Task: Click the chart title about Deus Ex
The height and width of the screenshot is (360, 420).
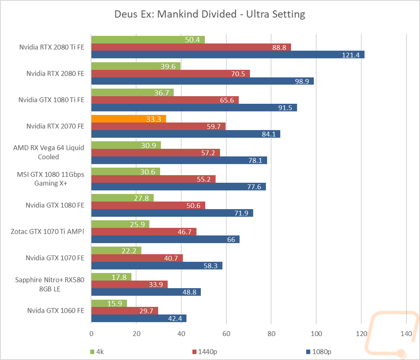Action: tap(210, 14)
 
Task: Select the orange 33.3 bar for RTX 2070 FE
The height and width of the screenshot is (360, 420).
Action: tap(129, 118)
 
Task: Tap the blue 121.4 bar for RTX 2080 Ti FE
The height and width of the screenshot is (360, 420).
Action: tap(228, 55)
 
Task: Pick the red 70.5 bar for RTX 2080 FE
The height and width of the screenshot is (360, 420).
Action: tap(171, 74)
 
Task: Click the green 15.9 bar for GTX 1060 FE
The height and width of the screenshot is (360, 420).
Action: tap(109, 303)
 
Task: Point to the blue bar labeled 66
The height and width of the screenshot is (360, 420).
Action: tap(165, 239)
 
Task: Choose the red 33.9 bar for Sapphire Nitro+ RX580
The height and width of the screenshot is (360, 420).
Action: tap(129, 284)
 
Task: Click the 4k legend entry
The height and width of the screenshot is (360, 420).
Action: tap(97, 352)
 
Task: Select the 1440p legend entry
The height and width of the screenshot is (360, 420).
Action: tap(205, 352)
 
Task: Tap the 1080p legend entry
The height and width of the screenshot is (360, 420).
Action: tap(319, 352)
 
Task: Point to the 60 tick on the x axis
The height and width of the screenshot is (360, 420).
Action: tap(226, 334)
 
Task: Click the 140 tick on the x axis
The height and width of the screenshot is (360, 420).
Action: tap(406, 334)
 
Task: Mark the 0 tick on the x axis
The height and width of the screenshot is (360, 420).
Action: tap(91, 334)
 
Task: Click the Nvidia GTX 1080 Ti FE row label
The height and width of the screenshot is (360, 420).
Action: tap(51, 100)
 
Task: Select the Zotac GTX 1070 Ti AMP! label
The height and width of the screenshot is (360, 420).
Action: tap(47, 231)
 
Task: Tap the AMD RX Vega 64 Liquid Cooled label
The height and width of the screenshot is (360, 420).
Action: tap(48, 152)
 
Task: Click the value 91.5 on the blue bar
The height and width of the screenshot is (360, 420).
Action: tap(285, 108)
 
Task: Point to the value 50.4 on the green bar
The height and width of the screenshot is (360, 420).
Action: tap(192, 40)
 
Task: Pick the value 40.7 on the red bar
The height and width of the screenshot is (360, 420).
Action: tap(171, 258)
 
